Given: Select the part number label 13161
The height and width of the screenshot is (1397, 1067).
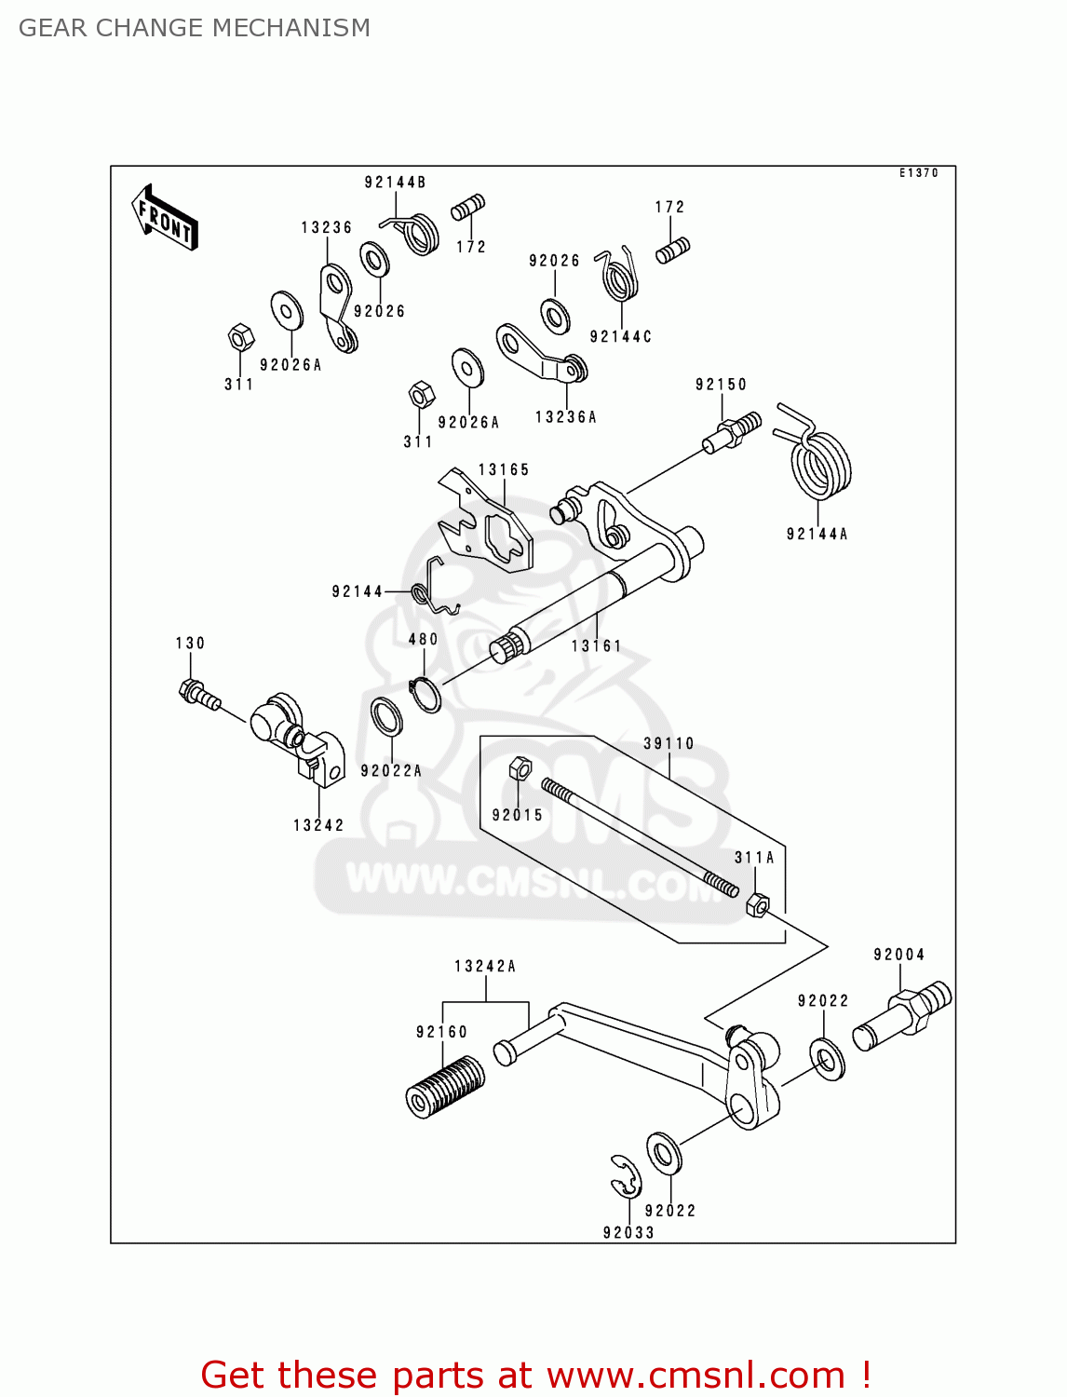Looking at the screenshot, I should [596, 645].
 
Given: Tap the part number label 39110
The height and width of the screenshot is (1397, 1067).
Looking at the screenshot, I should [669, 743].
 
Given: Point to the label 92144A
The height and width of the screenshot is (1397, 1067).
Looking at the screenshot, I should [817, 534].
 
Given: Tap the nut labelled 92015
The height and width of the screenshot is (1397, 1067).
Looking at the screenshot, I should [520, 768].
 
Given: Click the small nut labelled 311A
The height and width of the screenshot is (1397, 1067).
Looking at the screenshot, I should [758, 903].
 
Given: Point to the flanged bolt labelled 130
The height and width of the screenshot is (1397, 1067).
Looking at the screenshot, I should [198, 695].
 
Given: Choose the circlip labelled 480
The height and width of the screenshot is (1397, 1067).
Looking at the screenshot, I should [425, 694].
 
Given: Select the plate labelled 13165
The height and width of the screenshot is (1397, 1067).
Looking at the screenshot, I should [486, 522].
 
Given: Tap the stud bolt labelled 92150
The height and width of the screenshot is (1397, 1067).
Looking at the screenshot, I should [732, 432].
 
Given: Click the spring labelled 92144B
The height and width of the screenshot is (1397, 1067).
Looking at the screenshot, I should [419, 232].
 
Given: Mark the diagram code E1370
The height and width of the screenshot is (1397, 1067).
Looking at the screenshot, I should [918, 173].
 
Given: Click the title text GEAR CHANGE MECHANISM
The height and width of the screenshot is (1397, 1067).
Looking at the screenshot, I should [195, 28].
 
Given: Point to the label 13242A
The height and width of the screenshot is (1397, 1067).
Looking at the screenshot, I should [485, 967].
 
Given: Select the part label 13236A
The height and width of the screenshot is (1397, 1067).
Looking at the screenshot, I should [566, 417].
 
